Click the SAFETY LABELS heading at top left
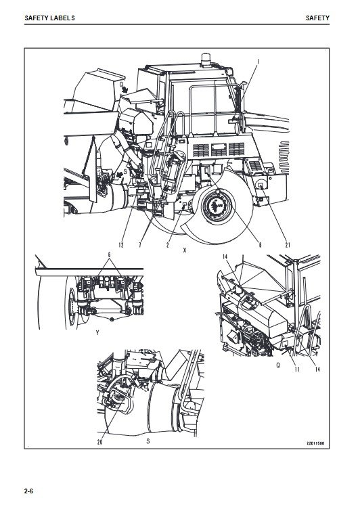click(x=49, y=18)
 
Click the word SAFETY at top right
click(x=317, y=18)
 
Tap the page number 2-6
click(x=29, y=491)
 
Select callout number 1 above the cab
click(x=258, y=62)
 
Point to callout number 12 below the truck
click(x=121, y=245)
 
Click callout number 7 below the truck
click(x=140, y=245)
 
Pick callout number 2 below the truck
click(x=168, y=245)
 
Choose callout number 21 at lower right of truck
click(x=288, y=245)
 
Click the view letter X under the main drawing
click(x=185, y=250)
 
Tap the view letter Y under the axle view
click(x=97, y=333)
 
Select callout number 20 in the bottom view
click(x=100, y=442)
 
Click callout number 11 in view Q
click(x=297, y=370)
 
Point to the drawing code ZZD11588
click(x=315, y=443)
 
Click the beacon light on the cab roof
click(x=206, y=59)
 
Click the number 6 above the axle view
click(x=109, y=255)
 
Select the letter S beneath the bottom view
click(x=148, y=441)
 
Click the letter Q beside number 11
click(x=278, y=365)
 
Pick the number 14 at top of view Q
click(x=225, y=257)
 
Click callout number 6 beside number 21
click(x=260, y=245)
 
